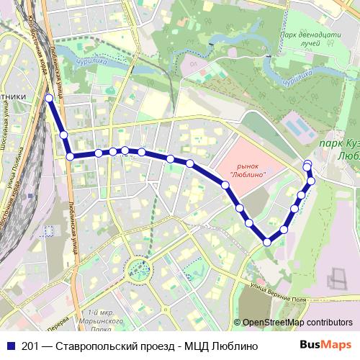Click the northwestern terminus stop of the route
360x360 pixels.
pyautogui.click(x=49, y=98)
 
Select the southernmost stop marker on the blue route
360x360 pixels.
pyautogui.click(x=267, y=242)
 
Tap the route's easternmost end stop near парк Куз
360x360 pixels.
pyautogui.click(x=307, y=163)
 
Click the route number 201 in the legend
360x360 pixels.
pyautogui.click(x=30, y=346)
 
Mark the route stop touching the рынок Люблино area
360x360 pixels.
pyautogui.click(x=226, y=186)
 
